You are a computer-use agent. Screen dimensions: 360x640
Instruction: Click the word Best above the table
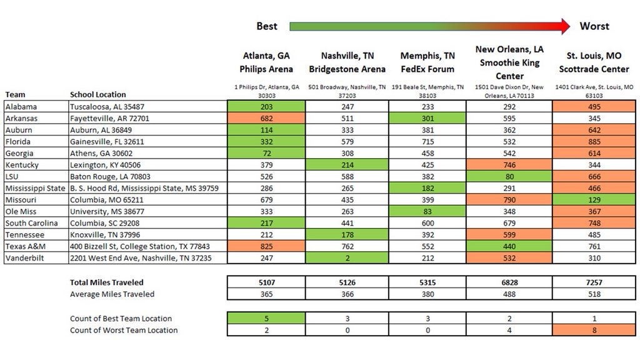pos(267,26)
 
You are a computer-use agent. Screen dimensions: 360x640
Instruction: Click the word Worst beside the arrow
pos(594,26)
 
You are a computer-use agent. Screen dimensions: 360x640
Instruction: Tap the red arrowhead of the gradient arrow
pos(564,26)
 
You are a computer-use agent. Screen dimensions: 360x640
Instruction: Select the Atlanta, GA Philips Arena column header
pos(266,62)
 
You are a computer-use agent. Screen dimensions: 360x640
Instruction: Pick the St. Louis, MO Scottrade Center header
pos(594,62)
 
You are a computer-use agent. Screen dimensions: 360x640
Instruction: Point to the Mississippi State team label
pos(35,188)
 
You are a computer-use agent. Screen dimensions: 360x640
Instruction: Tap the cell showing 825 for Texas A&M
pos(266,246)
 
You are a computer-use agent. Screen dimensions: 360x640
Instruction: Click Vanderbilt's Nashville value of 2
pos(347,258)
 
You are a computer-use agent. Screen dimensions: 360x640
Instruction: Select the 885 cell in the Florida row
pos(594,142)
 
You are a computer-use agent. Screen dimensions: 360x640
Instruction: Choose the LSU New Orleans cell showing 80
pos(509,176)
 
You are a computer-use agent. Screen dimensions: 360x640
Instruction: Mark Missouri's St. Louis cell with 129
pos(594,200)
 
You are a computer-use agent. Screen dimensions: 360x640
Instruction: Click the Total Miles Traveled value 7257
pos(594,282)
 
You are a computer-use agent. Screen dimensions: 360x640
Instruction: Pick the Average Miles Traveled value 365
pos(266,294)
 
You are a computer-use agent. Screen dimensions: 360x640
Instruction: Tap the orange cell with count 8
pos(594,330)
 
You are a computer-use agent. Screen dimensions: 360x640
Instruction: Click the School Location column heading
pos(97,94)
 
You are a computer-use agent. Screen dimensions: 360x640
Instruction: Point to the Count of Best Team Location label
pos(121,319)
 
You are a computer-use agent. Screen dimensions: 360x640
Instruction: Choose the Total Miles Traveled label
pos(107,282)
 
